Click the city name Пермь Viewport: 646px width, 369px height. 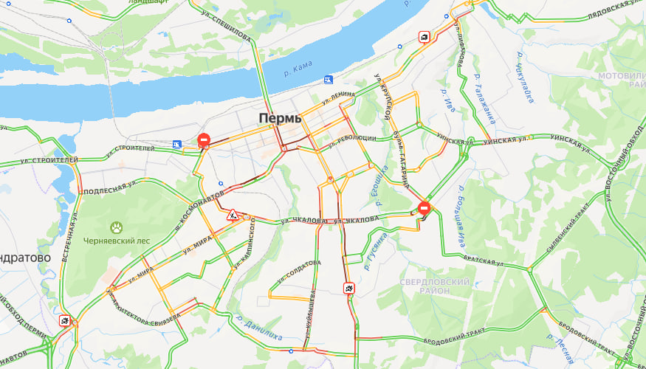point(280,118)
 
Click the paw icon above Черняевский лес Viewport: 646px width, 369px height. point(116,227)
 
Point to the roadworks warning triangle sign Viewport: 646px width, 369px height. point(233,215)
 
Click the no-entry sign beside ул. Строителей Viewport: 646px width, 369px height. point(204,139)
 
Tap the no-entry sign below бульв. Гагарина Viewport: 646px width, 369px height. point(424,208)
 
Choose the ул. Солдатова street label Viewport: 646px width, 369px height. point(299,272)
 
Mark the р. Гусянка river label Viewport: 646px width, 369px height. point(375,250)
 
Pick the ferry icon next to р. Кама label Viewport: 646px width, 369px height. point(328,79)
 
